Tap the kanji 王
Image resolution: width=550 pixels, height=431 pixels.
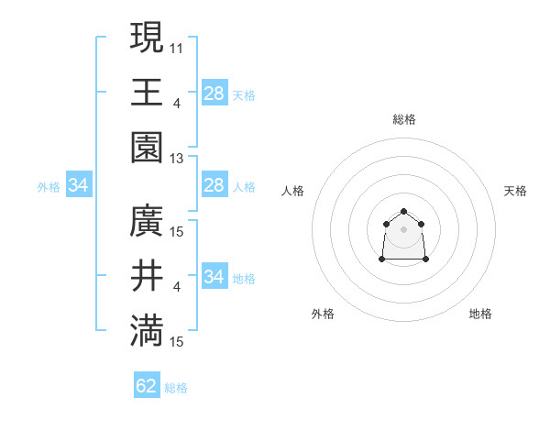[148, 92]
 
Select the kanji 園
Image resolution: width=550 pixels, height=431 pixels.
[148, 147]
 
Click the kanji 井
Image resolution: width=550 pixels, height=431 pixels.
[148, 275]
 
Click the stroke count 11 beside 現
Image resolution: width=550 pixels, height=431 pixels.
[177, 48]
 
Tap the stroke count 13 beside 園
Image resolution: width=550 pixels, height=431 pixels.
[177, 158]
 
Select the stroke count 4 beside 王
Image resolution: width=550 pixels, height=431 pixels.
[177, 103]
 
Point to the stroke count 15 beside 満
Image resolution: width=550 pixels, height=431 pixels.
[177, 342]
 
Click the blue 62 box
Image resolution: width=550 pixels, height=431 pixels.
[147, 386]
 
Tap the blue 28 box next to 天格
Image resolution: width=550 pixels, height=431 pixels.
[214, 93]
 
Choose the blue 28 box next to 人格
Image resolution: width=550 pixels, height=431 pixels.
[214, 185]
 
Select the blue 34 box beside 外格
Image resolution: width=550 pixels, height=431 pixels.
[79, 186]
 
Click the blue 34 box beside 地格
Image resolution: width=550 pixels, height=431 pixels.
[214, 276]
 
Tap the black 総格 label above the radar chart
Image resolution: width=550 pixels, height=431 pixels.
[403, 119]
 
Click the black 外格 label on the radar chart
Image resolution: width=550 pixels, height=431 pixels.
[323, 314]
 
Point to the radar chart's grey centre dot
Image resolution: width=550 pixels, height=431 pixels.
[403, 229]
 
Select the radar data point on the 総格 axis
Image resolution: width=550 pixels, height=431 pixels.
[403, 212]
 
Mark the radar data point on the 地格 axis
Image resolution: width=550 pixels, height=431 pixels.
[426, 260]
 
